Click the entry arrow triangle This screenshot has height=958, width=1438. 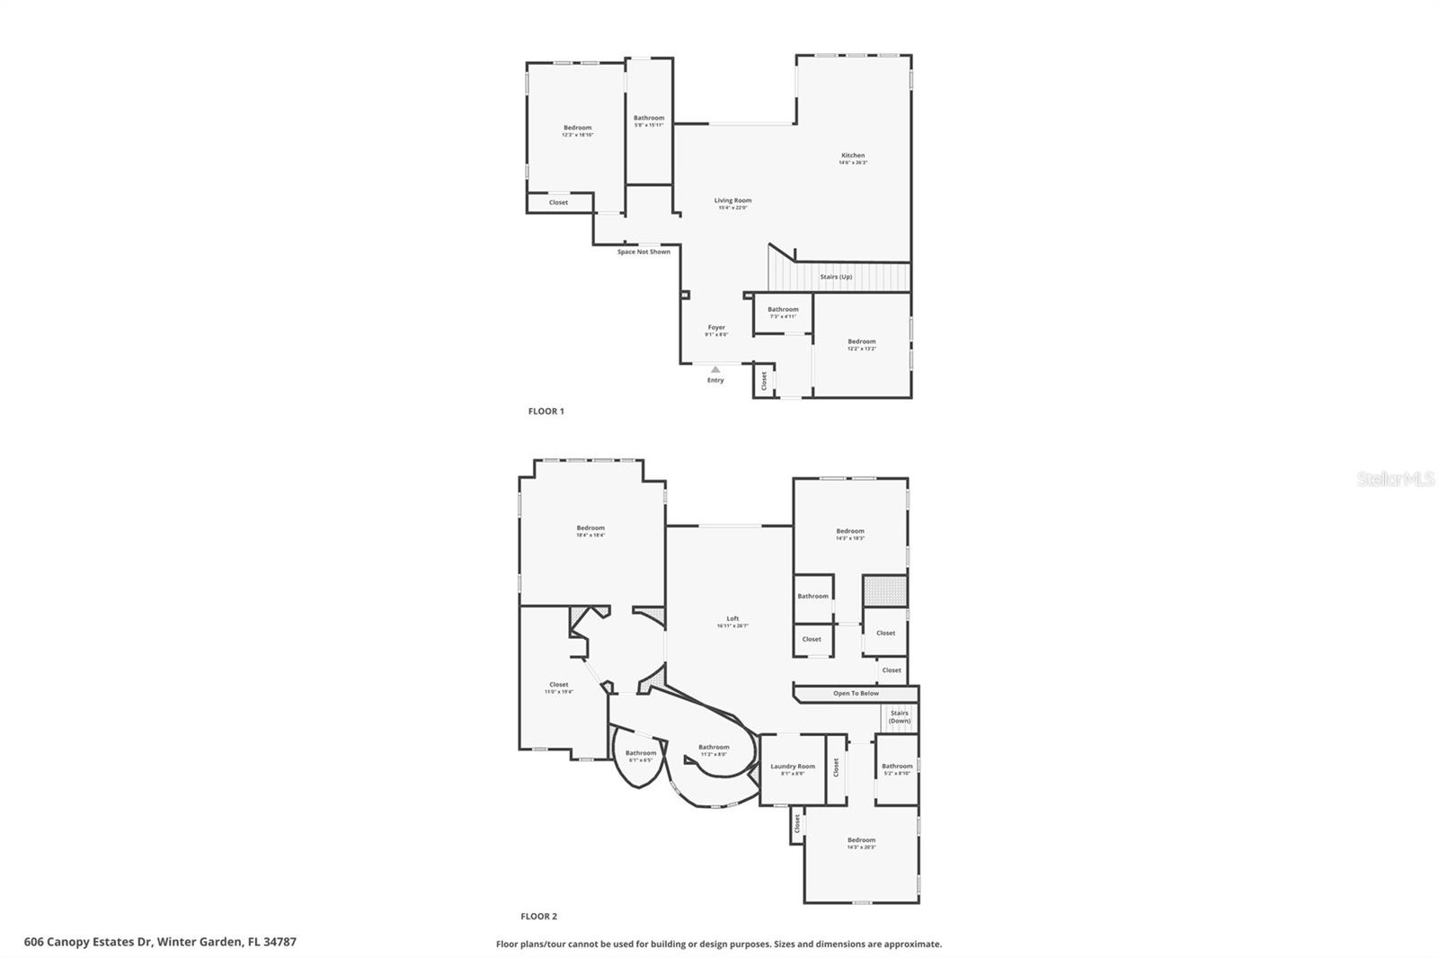(715, 369)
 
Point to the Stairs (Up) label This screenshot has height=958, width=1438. (836, 277)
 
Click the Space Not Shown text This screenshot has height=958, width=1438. (644, 252)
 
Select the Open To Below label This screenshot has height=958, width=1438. (856, 694)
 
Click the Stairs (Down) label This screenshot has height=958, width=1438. (900, 717)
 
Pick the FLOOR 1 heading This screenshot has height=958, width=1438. (546, 412)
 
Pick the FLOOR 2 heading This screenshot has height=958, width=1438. (538, 917)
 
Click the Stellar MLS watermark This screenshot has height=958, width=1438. (1395, 480)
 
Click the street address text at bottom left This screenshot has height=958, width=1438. (160, 943)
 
